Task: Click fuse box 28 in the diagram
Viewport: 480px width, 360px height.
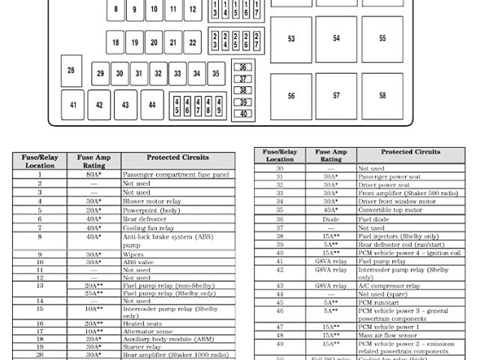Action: pos(71,70)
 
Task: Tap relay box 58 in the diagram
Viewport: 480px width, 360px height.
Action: pos(382,96)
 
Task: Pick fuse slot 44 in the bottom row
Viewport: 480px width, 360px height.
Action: pos(152,105)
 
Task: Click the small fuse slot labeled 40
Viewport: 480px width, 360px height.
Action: pos(243,113)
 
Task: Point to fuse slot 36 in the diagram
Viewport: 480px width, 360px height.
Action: pos(243,67)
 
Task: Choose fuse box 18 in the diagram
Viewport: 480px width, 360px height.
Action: pos(115,43)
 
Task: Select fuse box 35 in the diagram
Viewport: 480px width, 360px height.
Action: pos(215,73)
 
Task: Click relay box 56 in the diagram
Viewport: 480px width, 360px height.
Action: pos(291,96)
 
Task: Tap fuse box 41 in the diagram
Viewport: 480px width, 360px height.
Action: pos(73,105)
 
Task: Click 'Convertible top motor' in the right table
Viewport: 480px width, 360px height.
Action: pos(389,210)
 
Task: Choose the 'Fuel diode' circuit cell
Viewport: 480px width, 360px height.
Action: pos(376,219)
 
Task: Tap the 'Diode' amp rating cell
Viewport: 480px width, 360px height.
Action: pos(331,219)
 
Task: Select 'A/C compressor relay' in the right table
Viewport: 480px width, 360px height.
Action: pos(388,286)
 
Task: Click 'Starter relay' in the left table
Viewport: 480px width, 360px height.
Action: pos(142,347)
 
